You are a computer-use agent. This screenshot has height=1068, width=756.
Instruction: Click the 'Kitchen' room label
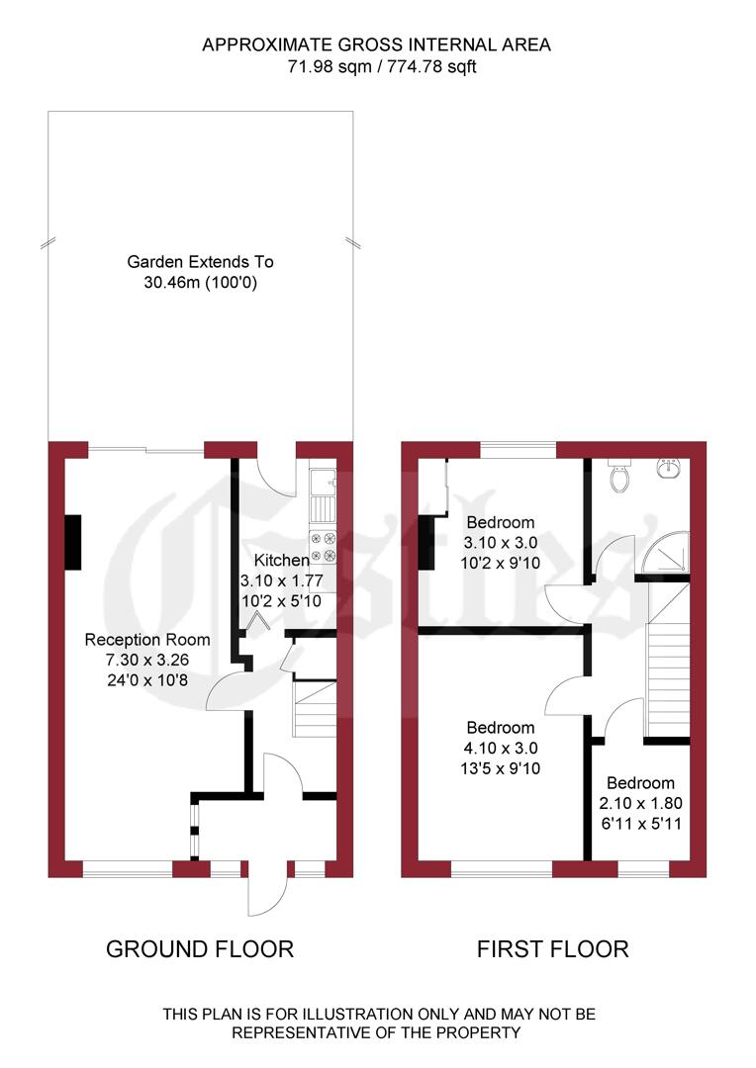[275, 561]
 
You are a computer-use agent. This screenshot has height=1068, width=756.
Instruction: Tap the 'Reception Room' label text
[144, 639]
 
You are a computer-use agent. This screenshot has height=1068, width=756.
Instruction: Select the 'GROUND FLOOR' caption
[200, 949]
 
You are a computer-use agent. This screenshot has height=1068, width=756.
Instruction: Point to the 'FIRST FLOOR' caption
[552, 949]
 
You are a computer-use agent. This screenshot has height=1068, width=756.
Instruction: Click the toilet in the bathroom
[621, 478]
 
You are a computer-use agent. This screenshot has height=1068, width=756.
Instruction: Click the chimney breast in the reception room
[74, 542]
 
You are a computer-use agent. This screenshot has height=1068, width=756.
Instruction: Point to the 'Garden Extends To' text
[200, 263]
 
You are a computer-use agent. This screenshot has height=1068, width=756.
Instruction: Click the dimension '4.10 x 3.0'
[501, 748]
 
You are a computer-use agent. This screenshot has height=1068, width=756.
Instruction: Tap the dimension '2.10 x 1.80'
[641, 803]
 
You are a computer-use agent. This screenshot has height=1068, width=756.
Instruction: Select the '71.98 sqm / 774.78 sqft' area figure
[377, 67]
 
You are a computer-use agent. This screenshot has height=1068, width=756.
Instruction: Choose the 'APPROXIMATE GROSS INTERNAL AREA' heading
[377, 44]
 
